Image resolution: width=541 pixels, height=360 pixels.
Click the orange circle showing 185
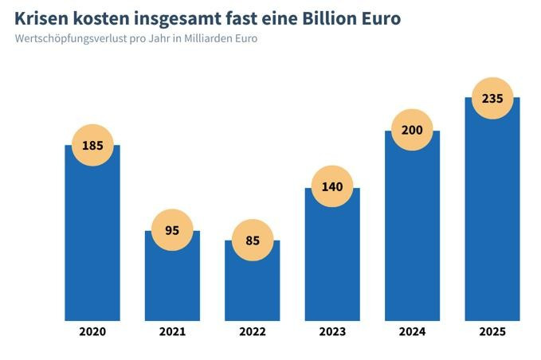point(92,146)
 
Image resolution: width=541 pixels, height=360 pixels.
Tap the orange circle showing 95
point(172,231)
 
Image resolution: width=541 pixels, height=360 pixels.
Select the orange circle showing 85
point(253,240)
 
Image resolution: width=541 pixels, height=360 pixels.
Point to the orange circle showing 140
point(332,187)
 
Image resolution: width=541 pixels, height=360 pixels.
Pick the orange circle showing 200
point(412,130)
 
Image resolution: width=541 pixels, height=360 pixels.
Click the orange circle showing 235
point(492,98)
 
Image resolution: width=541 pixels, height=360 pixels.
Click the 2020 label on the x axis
point(92,331)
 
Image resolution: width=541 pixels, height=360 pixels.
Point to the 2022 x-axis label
point(253,331)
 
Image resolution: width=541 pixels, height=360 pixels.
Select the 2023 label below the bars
point(332,331)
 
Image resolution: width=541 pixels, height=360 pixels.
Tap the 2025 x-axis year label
point(492,331)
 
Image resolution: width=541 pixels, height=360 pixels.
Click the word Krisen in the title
point(42,18)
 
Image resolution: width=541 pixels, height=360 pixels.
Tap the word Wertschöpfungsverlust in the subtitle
point(68,38)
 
